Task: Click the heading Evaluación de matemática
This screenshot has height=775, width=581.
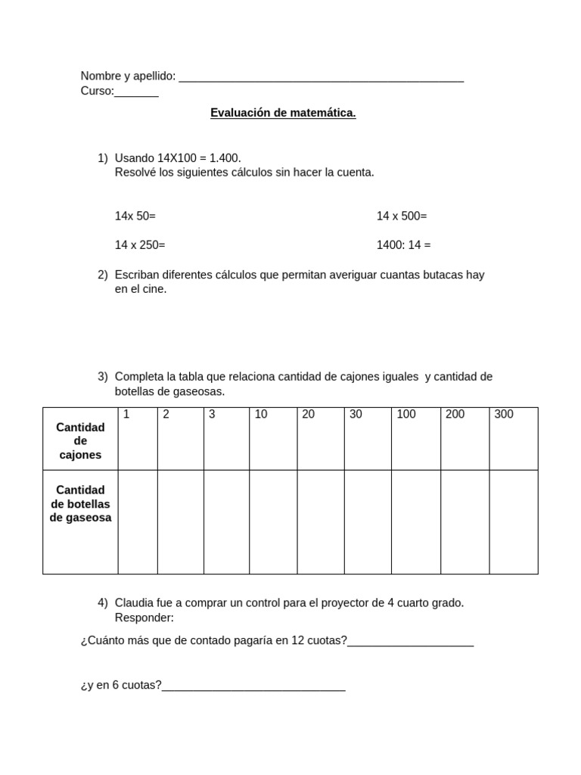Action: pyautogui.click(x=283, y=113)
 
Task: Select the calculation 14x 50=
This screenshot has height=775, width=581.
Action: pyautogui.click(x=135, y=216)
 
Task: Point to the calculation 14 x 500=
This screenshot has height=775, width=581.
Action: pyautogui.click(x=402, y=216)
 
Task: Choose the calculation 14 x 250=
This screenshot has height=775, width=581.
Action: pyautogui.click(x=140, y=244)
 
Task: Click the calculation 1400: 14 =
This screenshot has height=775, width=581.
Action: pyautogui.click(x=404, y=244)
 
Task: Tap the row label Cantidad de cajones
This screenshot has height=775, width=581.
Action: pyautogui.click(x=80, y=440)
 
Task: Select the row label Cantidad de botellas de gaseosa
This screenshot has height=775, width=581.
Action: pyautogui.click(x=80, y=504)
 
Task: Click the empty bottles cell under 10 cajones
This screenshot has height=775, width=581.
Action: pyautogui.click(x=273, y=521)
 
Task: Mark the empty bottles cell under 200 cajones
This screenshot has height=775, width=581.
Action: pyautogui.click(x=465, y=521)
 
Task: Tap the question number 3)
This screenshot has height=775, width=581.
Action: pyautogui.click(x=103, y=376)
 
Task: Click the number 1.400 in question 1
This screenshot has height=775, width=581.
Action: pyautogui.click(x=225, y=157)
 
